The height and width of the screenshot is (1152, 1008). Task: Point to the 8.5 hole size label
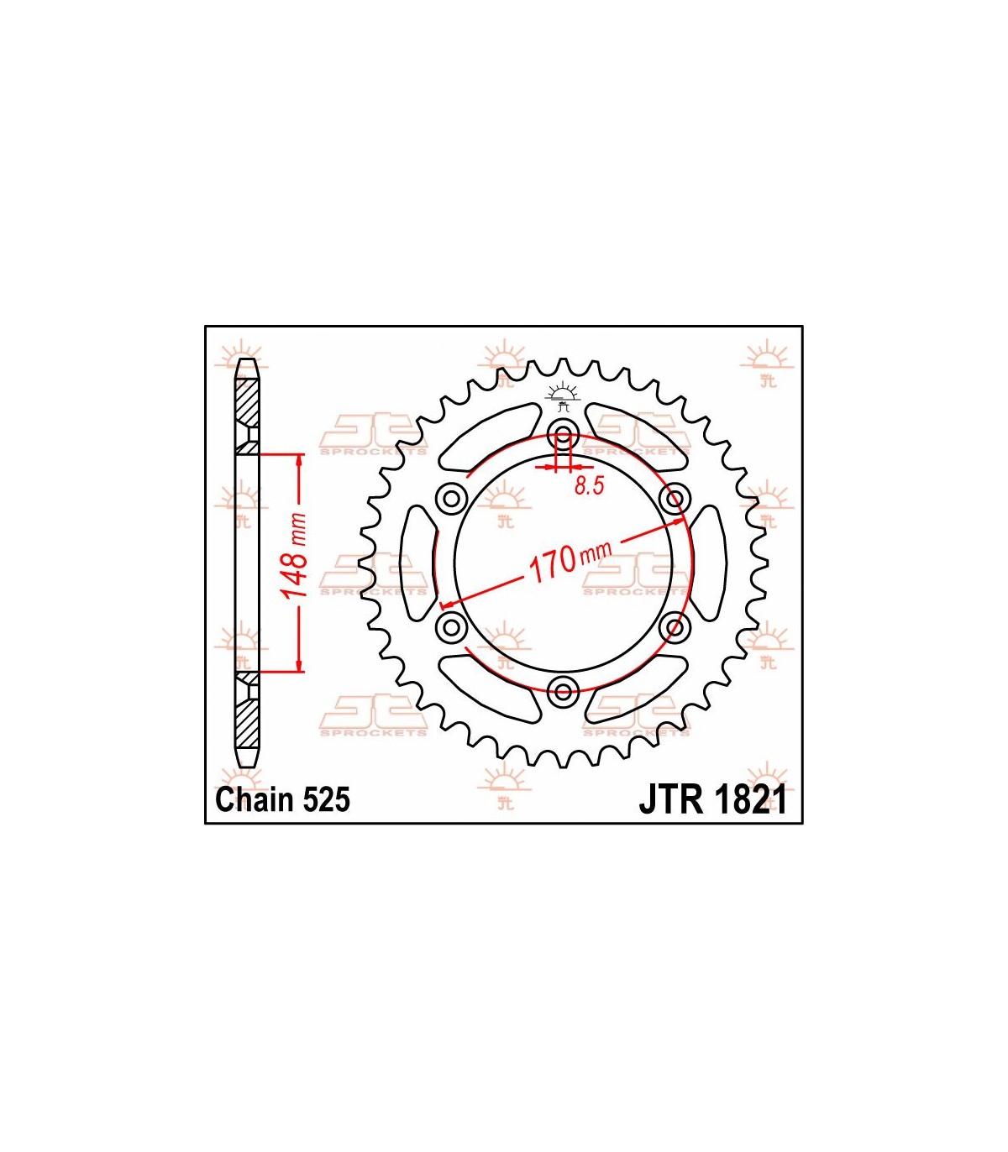pos(589,485)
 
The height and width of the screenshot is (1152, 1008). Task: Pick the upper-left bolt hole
pos(451,498)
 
